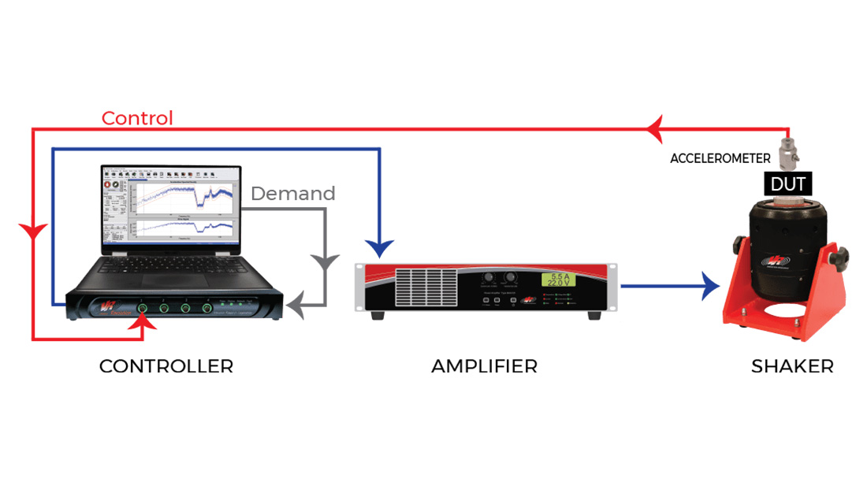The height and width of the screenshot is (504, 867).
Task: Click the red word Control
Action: pyautogui.click(x=137, y=118)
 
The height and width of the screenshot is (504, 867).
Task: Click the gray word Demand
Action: pyautogui.click(x=292, y=194)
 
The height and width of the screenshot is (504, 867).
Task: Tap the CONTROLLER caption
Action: pyautogui.click(x=166, y=366)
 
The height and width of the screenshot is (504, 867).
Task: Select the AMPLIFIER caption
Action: pyautogui.click(x=484, y=366)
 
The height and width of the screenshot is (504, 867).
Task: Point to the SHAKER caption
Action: pyautogui.click(x=792, y=366)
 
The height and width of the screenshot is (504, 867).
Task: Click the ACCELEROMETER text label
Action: pyautogui.click(x=720, y=158)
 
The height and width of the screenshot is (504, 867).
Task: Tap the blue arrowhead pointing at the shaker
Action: pyautogui.click(x=711, y=287)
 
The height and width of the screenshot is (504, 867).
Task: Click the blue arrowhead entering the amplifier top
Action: pyautogui.click(x=380, y=248)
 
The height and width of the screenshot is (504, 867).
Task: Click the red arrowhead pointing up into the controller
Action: pyautogui.click(x=143, y=318)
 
